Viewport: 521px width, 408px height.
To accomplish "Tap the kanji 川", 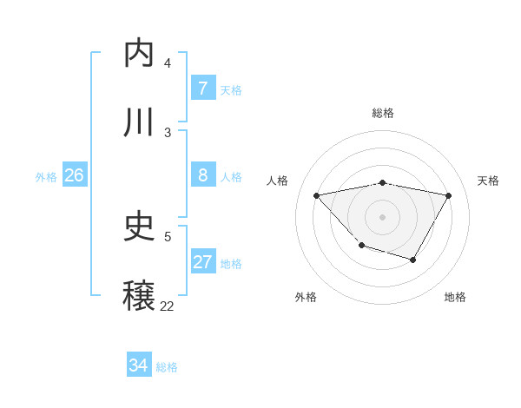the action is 140,122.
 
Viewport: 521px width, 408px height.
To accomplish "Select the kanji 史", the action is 140,227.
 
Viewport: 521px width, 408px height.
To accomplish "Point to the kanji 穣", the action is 140,296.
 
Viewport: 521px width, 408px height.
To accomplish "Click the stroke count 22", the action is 167,306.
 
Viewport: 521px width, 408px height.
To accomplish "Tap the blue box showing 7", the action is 202,89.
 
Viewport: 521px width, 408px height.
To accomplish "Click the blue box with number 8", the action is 202,175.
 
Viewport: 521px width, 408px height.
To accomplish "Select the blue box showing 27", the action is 202,262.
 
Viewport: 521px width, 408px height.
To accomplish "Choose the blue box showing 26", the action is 74,175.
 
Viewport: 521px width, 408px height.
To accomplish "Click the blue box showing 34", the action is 138,365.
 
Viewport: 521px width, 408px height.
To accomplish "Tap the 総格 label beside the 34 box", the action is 167,367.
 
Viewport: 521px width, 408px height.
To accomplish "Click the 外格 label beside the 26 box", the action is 46,177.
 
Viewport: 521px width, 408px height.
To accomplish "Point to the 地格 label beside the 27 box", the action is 231,264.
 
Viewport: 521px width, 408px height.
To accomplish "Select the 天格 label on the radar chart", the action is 488,181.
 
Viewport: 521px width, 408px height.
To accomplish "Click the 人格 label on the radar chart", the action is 278,181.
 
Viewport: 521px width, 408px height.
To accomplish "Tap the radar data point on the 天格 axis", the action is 449,195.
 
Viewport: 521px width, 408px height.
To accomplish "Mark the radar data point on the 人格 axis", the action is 317,195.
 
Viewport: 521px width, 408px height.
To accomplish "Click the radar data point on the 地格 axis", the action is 413,260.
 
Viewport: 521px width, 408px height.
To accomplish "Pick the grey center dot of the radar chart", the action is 383,216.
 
